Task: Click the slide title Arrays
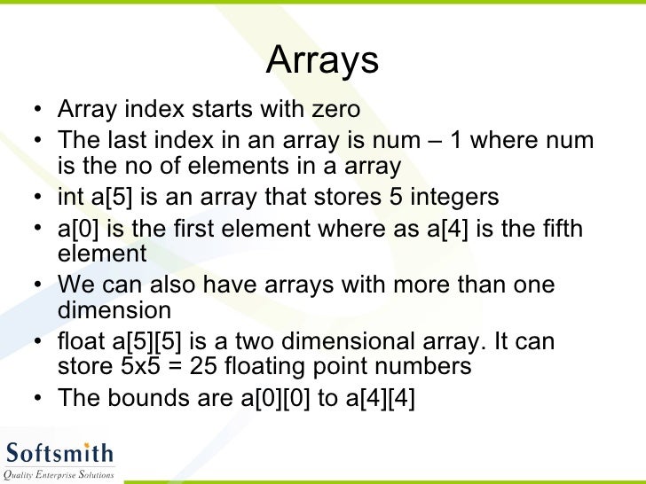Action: [x=322, y=60]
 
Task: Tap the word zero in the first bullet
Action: [x=333, y=110]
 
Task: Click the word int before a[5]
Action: [x=70, y=196]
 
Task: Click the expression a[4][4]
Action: [x=379, y=398]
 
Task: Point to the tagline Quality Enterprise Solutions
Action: [x=59, y=475]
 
